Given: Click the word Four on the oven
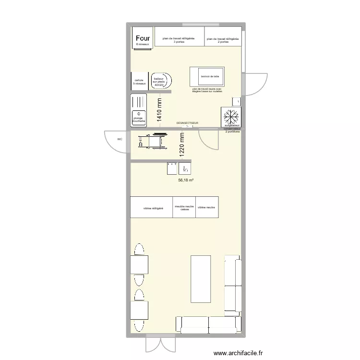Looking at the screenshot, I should click(x=143, y=38).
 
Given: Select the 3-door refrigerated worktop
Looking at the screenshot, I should click(x=179, y=36).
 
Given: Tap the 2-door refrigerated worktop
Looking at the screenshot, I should click(x=223, y=36).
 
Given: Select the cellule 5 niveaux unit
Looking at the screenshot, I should click(x=139, y=82).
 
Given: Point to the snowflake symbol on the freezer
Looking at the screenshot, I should click(x=232, y=117).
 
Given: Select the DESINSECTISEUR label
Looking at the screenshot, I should click(x=187, y=123).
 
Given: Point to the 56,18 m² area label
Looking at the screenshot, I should click(x=186, y=180).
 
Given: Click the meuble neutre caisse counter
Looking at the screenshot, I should click(x=184, y=207).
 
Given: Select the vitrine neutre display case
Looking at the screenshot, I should click(x=207, y=207).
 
